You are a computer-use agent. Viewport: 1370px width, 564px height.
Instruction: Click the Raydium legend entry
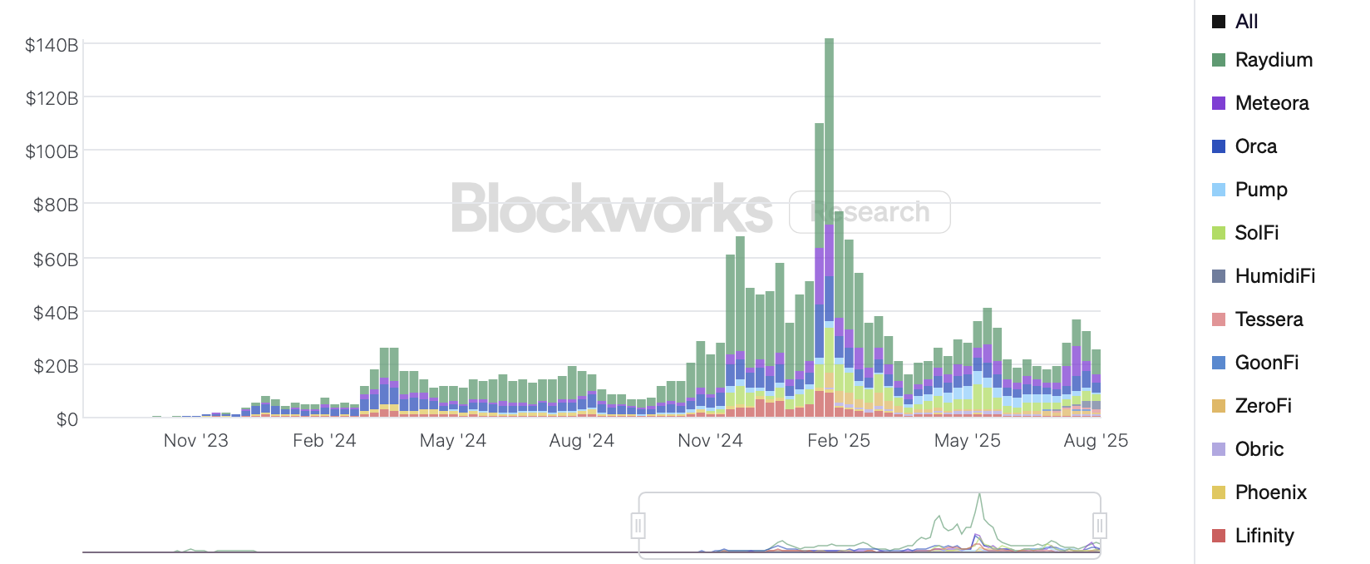(x=1273, y=60)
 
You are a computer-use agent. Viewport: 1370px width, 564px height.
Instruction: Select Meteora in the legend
(x=1271, y=103)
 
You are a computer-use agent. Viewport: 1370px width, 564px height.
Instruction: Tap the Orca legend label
(x=1255, y=146)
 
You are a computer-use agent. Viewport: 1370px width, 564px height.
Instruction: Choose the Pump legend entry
(x=1260, y=190)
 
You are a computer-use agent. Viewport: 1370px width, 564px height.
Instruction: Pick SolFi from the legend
(x=1256, y=233)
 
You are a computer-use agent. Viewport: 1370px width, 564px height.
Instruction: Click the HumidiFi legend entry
(x=1274, y=276)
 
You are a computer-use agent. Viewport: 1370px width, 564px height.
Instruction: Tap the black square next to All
(x=1219, y=22)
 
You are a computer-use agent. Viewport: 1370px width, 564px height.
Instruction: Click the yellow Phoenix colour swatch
(x=1219, y=492)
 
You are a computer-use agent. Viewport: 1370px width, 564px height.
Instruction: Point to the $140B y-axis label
(x=52, y=45)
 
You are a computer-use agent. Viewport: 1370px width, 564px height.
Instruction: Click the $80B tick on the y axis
(x=55, y=205)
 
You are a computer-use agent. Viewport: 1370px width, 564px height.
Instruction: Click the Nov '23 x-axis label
(x=195, y=441)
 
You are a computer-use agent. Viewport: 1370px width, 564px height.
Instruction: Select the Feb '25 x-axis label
(x=838, y=441)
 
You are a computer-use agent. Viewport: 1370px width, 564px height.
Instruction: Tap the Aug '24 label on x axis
(x=581, y=441)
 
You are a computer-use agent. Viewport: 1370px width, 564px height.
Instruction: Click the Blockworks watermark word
(x=611, y=209)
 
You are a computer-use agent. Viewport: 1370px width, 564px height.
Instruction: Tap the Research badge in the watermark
(x=870, y=212)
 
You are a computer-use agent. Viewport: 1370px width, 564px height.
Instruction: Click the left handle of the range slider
(x=638, y=526)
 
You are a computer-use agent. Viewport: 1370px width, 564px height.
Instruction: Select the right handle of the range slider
(x=1100, y=526)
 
